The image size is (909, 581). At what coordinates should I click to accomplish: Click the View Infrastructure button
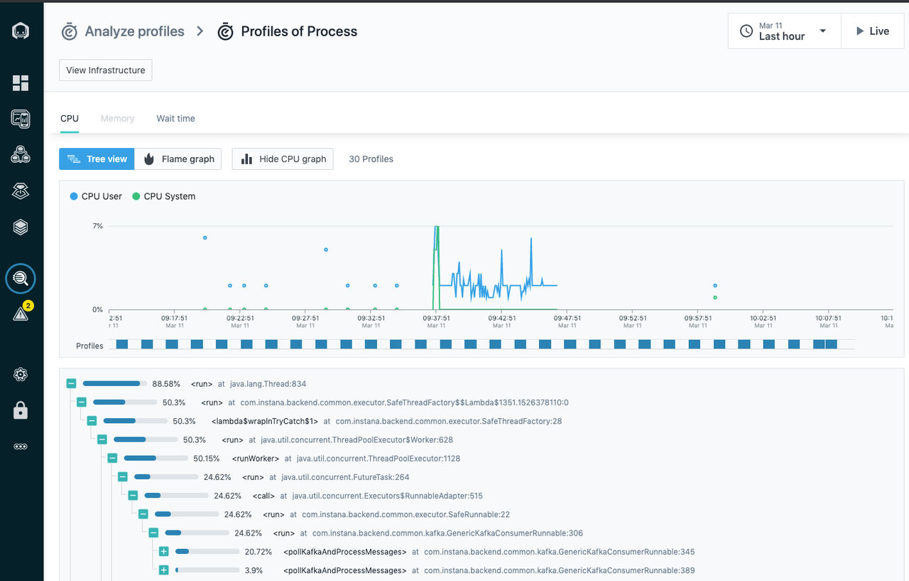[106, 70]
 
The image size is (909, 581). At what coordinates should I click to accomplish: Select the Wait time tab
[175, 118]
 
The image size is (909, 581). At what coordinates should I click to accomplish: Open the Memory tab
[117, 118]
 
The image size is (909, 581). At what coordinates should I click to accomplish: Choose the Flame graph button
[178, 159]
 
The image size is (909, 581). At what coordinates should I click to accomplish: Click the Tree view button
[97, 159]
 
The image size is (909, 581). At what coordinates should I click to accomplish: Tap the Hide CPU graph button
[283, 159]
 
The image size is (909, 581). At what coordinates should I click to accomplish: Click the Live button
[873, 31]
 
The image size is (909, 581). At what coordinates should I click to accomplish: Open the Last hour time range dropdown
[785, 31]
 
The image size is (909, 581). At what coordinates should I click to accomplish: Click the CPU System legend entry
[164, 196]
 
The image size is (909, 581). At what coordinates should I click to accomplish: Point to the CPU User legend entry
[96, 196]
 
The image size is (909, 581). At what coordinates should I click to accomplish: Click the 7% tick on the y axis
[98, 226]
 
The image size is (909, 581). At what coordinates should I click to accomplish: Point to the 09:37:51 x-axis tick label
[436, 318]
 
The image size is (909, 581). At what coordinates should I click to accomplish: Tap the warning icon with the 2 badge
[21, 312]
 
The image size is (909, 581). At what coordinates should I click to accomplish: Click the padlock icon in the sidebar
[21, 410]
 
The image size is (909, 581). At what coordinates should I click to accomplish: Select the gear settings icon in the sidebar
[21, 374]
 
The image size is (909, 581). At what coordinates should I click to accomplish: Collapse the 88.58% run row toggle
[72, 383]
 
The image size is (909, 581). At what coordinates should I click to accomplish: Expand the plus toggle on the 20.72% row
[163, 551]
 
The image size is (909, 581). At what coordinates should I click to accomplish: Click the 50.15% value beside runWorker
[206, 458]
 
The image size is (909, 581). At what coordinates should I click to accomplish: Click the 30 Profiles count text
[371, 159]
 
